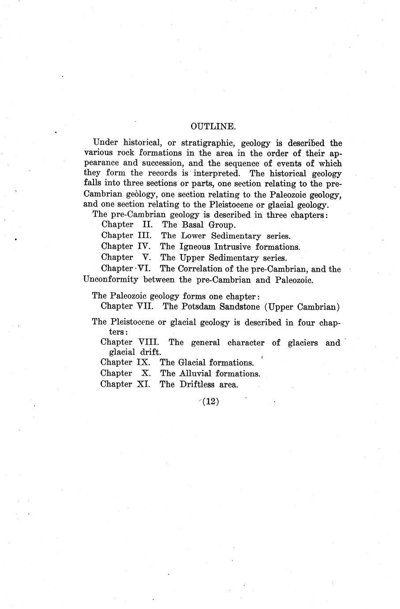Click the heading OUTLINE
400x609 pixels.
tap(213, 126)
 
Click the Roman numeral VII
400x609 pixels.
tap(145, 306)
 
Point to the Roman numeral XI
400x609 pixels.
tap(143, 384)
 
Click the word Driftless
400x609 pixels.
tap(197, 384)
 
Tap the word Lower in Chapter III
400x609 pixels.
tap(193, 236)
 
